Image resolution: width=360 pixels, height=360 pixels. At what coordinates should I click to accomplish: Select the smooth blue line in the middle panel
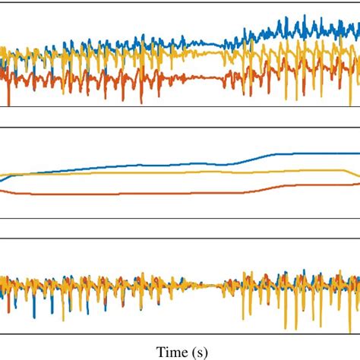152,165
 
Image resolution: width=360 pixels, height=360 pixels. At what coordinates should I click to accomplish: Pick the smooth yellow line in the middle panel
152,173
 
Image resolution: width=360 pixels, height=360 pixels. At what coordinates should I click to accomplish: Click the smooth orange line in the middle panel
152,194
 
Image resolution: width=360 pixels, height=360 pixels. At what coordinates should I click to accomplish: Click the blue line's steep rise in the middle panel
247,159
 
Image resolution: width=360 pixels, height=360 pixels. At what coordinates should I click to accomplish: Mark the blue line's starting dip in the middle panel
3,181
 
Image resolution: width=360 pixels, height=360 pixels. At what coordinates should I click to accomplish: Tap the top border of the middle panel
180,128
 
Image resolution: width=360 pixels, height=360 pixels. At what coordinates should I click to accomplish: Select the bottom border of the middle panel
180,219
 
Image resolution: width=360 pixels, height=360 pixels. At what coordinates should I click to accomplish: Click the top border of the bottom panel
180,241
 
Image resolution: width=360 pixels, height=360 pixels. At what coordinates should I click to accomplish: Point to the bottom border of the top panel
180,107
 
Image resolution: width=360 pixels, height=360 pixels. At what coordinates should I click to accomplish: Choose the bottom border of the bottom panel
180,332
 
